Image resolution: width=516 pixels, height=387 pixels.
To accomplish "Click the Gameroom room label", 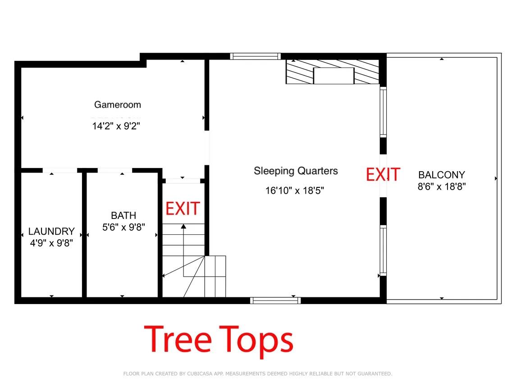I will click(117, 105).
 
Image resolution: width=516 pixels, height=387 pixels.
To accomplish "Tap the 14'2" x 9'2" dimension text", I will click(116, 127).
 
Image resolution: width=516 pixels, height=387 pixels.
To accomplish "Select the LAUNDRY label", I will click(51, 231).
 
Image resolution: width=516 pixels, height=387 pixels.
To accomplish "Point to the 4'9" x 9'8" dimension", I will click(51, 242).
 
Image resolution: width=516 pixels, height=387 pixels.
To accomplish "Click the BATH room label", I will click(123, 215).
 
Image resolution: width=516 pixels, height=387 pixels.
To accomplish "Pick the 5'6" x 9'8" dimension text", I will click(123, 227).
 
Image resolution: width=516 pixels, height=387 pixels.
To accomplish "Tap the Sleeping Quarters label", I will click(296, 171).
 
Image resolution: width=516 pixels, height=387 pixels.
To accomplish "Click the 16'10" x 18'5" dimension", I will click(295, 191).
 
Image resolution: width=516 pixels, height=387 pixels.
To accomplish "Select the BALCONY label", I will click(441, 175).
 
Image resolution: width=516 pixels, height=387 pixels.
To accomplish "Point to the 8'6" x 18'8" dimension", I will click(441, 186).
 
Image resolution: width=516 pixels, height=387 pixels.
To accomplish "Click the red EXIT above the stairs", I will click(183, 209).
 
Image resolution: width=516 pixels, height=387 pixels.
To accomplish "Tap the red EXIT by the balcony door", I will click(383, 174).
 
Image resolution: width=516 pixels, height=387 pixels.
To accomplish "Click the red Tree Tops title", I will click(219, 339).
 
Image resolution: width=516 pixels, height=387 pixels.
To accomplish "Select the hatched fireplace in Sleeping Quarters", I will click(333, 72).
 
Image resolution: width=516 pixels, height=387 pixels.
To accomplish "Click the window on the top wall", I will click(255, 56).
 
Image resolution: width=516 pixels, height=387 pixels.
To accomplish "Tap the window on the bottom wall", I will click(275, 300).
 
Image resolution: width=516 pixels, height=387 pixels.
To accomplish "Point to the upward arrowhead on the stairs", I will click(183, 226).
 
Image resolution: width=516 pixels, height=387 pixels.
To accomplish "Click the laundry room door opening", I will click(60, 170).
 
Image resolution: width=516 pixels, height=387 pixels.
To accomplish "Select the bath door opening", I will click(114, 170).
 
